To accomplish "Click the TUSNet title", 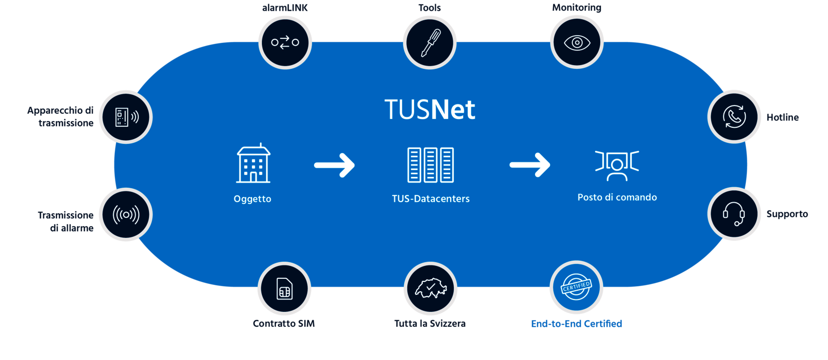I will pos(430,110).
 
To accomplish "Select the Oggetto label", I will pos(252,199).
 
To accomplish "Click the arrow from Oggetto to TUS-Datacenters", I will pos(334,165).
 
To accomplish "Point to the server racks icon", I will pos(431,165).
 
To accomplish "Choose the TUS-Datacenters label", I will pos(431,199).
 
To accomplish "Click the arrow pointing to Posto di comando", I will pos(529,165).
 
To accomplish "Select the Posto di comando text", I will pos(617,197).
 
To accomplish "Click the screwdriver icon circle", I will pos(430,42).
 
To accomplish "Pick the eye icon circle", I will pos(576,42).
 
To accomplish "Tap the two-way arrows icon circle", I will pos(285,42).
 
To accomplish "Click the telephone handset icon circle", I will pos(734,116).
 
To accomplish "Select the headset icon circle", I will pos(734,214).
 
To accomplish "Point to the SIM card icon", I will pos(285,289).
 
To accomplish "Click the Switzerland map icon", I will pos(430,289).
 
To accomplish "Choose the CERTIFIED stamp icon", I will pos(576,287).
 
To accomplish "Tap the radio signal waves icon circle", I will pos(126,214).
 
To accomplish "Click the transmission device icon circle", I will pos(126,117).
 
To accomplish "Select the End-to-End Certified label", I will pos(576,324).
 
